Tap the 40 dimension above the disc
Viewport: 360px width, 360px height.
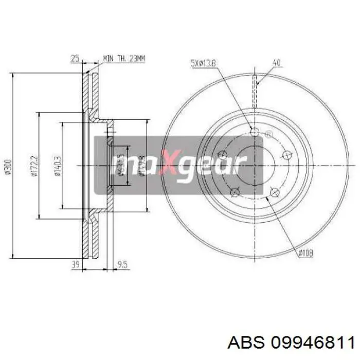point(276,63)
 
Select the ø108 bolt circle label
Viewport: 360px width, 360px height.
point(305,252)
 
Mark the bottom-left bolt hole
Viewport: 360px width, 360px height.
point(235,192)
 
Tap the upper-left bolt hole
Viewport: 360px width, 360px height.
point(223,154)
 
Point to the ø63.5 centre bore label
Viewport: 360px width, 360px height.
point(119,165)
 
